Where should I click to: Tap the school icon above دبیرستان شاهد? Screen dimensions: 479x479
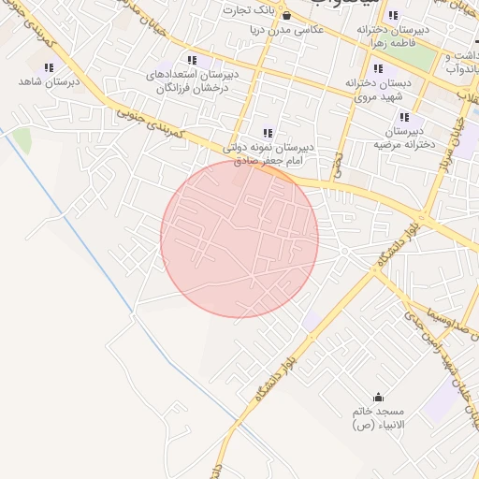point(49,66)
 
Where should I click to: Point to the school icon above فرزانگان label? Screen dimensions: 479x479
point(192,60)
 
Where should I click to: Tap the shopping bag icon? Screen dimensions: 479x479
point(286,15)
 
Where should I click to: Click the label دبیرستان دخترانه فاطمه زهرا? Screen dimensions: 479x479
point(393,36)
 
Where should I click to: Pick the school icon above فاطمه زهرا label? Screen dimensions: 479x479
point(392,15)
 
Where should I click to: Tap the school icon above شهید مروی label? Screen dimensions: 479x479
point(378,68)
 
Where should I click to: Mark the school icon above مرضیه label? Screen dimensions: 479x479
point(404,118)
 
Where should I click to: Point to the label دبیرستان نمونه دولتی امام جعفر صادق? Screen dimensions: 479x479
point(271,154)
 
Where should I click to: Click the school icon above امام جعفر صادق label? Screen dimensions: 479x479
point(269,133)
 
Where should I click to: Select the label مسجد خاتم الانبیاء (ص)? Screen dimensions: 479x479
point(377,418)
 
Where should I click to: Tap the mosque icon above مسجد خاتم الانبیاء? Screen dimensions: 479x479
point(378,397)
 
